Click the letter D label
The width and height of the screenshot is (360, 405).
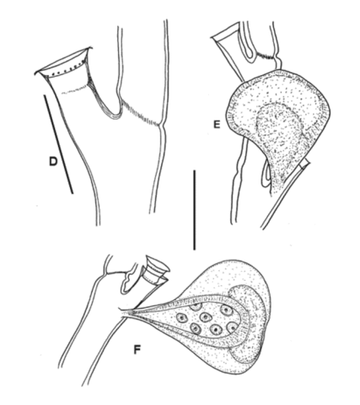pyautogui.click(x=53, y=161)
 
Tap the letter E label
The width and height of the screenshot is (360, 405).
pyautogui.click(x=217, y=125)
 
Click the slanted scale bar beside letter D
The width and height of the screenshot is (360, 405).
pyautogui.click(x=58, y=144)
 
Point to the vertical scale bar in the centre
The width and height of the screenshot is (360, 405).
pyautogui.click(x=194, y=209)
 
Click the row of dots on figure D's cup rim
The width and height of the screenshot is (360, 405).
pyautogui.click(x=68, y=69)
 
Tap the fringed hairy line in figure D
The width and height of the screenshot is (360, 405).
pyautogui.click(x=140, y=115)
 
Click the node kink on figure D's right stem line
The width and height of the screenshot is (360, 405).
pyautogui.click(x=161, y=125)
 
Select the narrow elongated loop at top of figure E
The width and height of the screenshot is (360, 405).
pyautogui.click(x=249, y=42)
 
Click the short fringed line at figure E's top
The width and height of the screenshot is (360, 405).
pyautogui.click(x=265, y=57)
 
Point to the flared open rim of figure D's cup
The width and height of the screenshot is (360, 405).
pyautogui.click(x=64, y=62)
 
